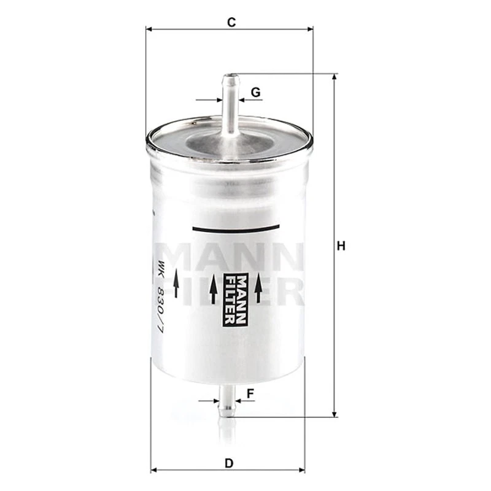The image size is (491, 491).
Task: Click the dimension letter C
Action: tap(231, 22)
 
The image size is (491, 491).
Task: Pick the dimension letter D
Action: tap(229, 463)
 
